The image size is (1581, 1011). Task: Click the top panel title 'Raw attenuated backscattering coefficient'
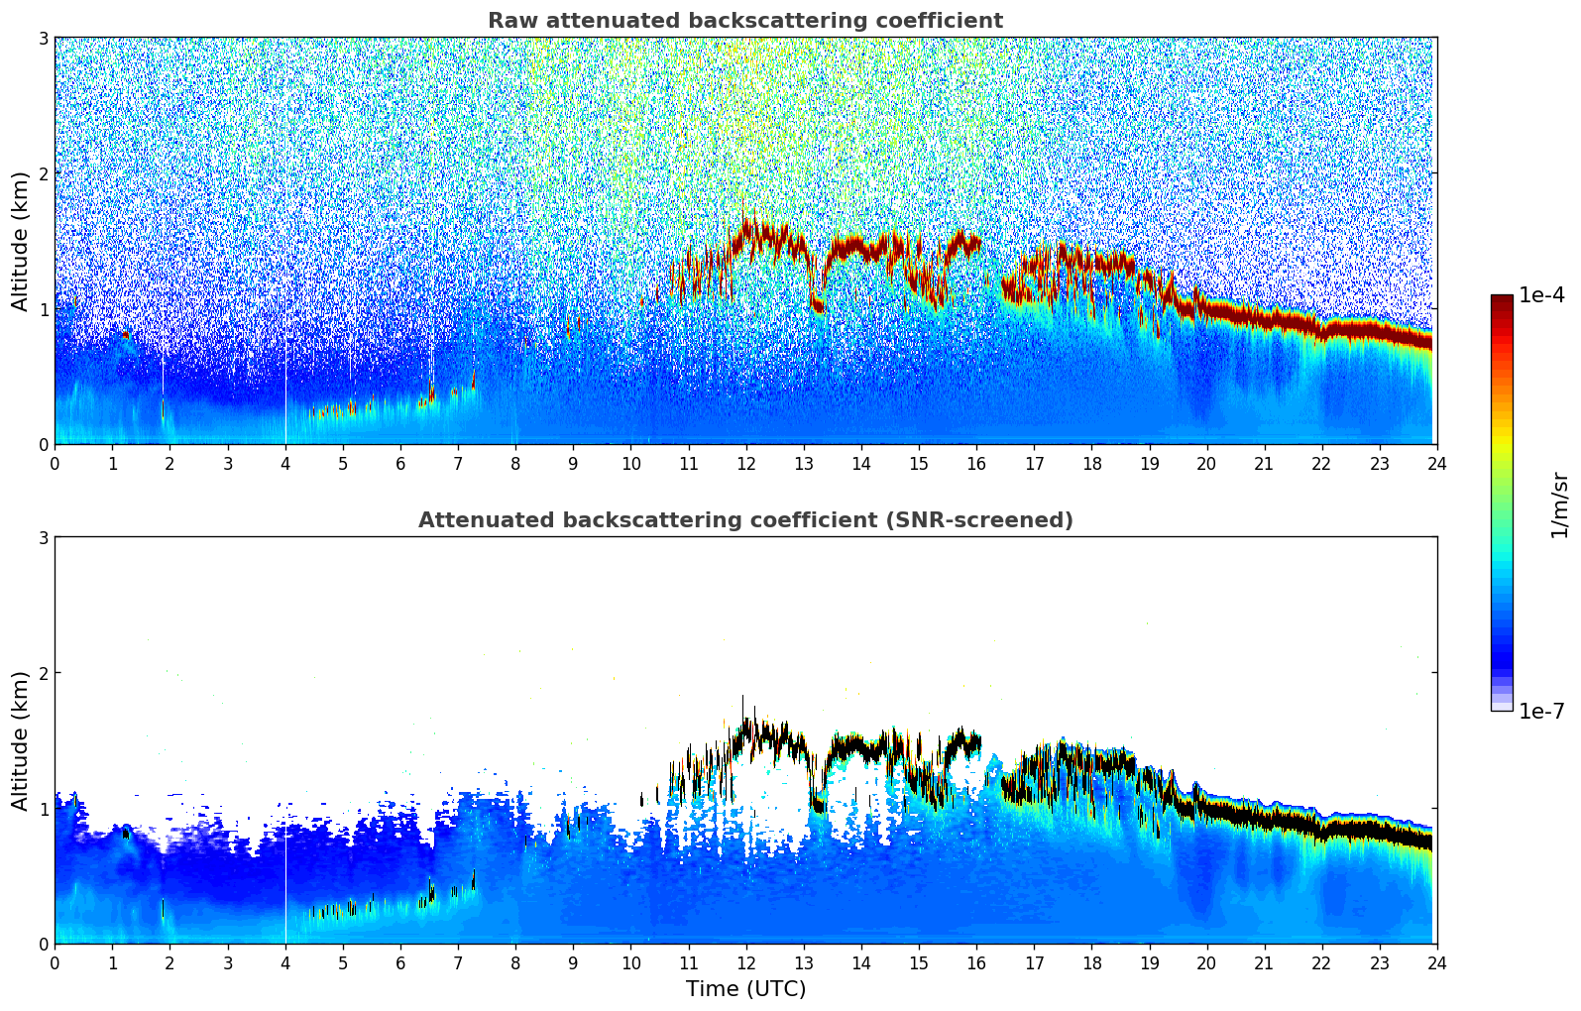pyautogui.click(x=744, y=21)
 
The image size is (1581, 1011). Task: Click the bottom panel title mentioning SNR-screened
pyautogui.click(x=744, y=520)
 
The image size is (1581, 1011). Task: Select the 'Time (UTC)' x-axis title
pyautogui.click(x=745, y=988)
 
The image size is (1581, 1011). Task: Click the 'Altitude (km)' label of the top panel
pyautogui.click(x=21, y=241)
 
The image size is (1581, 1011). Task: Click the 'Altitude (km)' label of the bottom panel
pyautogui.click(x=21, y=740)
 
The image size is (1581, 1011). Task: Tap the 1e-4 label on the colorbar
pyautogui.click(x=1541, y=295)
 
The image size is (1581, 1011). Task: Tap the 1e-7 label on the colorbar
pyautogui.click(x=1541, y=711)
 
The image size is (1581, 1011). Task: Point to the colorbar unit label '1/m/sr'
pyautogui.click(x=1559, y=504)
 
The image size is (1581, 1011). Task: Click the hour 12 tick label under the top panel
pyautogui.click(x=745, y=463)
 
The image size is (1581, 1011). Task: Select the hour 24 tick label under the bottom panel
pyautogui.click(x=1436, y=962)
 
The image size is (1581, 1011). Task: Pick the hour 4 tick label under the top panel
pyautogui.click(x=285, y=463)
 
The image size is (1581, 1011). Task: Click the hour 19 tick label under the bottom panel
pyautogui.click(x=1149, y=962)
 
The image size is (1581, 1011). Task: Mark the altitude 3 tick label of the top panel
pyautogui.click(x=43, y=38)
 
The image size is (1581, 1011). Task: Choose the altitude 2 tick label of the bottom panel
pyautogui.click(x=43, y=673)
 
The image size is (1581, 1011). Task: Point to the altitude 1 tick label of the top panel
pyautogui.click(x=43, y=309)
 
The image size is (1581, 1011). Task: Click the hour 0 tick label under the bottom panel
pyautogui.click(x=55, y=962)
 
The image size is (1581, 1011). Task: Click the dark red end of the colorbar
pyautogui.click(x=1501, y=301)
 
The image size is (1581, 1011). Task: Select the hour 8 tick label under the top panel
pyautogui.click(x=515, y=463)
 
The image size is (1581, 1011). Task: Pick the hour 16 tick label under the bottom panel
pyautogui.click(x=976, y=962)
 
